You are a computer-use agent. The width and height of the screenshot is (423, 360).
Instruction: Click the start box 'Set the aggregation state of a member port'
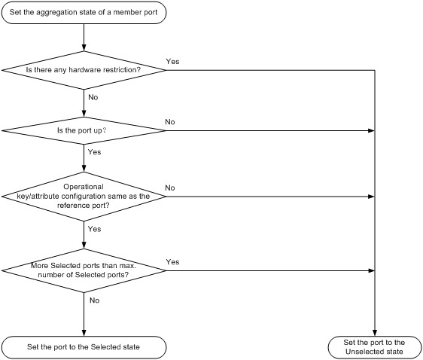84,12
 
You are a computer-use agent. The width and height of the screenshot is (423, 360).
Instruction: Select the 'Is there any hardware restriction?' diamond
84,70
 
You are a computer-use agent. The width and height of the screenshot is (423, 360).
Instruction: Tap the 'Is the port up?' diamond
84,130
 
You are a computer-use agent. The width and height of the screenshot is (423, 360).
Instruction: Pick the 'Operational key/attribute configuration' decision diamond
84,197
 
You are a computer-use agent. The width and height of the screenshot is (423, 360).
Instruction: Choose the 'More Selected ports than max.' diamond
84,270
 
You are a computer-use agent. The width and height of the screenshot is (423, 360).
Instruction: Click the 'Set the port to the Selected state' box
84,347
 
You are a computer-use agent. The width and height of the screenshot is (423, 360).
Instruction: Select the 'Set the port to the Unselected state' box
374,347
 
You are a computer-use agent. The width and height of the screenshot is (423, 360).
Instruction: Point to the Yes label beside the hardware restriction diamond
172,62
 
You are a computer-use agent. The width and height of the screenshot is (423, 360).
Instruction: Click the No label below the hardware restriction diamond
93,97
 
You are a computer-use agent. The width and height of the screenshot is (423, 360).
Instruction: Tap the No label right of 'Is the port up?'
170,122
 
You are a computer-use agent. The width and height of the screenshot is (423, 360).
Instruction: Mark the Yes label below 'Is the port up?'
94,152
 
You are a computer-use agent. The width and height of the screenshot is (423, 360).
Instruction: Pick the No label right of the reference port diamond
170,188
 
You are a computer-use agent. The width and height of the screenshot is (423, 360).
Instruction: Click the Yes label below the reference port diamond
94,229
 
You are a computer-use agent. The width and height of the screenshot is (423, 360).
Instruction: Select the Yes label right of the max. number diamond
172,262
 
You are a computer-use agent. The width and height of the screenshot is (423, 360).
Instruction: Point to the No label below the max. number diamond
94,301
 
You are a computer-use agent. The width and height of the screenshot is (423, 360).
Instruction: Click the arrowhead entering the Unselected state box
374,333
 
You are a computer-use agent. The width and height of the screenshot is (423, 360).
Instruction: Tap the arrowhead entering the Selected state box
84,333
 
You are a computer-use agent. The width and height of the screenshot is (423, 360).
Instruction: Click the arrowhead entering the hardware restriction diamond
84,47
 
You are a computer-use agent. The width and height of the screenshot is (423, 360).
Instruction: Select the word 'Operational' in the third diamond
84,187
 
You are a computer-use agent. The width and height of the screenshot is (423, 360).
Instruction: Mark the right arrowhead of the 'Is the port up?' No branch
371,130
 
